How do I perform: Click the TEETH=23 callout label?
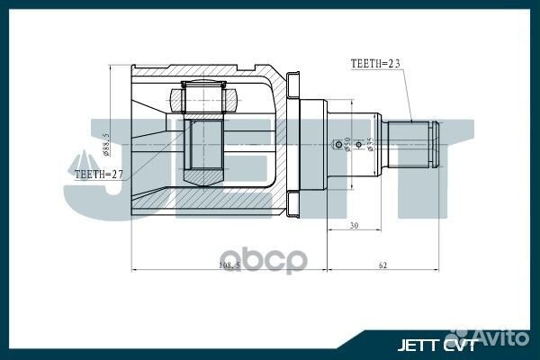(x=376, y=65)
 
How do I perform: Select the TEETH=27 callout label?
(x=100, y=174)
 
